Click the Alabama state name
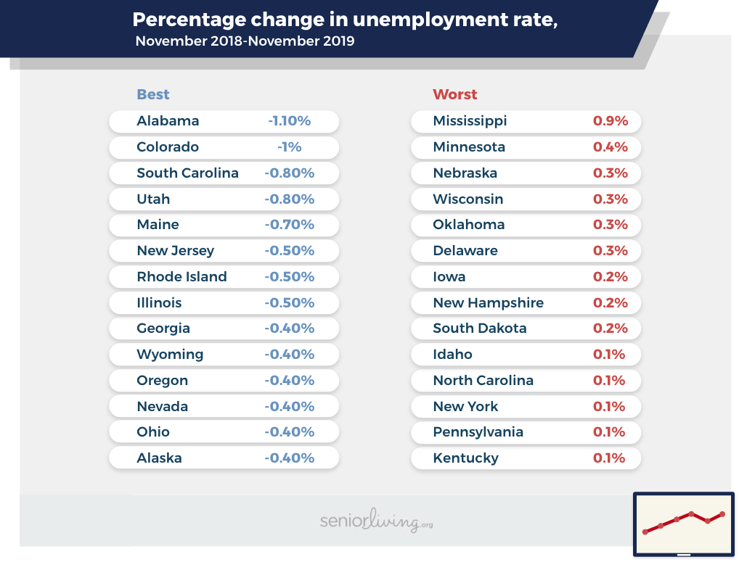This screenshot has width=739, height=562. [168, 121]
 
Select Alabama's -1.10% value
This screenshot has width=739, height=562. [289, 121]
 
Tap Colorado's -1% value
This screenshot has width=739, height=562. [289, 147]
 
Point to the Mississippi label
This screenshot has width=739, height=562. [470, 121]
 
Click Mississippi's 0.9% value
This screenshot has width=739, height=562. [610, 121]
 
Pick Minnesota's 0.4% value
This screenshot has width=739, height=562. [610, 147]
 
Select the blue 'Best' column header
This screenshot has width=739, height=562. [153, 94]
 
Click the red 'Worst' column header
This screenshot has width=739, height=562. [455, 94]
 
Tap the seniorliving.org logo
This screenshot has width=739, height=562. [376, 521]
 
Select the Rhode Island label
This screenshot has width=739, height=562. [181, 277]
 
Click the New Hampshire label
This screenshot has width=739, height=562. [488, 303]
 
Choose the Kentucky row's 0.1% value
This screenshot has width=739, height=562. [609, 458]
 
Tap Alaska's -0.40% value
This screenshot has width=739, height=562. [289, 458]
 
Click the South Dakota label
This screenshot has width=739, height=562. [480, 328]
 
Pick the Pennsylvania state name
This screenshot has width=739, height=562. [478, 432]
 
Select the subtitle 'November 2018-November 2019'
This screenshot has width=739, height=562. [245, 41]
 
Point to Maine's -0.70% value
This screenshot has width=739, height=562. [289, 225]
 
